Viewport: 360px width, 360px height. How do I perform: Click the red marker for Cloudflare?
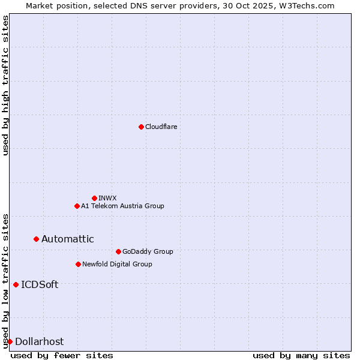pyautogui.click(x=141, y=127)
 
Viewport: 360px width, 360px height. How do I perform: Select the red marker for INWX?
pyautogui.click(x=94, y=198)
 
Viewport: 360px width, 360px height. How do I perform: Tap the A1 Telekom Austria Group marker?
pyautogui.click(x=77, y=206)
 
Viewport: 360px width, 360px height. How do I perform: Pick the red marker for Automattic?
pyautogui.click(x=36, y=239)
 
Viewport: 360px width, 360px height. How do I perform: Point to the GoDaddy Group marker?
pyautogui.click(x=118, y=251)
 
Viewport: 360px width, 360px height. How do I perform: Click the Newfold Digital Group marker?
pyautogui.click(x=78, y=264)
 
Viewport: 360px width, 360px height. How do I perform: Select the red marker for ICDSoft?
pyautogui.click(x=16, y=284)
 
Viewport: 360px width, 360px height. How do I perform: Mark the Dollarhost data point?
pyautogui.click(x=10, y=341)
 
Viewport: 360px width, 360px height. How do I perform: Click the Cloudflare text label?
pyautogui.click(x=161, y=127)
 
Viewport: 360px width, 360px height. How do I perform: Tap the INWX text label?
pyautogui.click(x=107, y=198)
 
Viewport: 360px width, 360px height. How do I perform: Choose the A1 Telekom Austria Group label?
pyautogui.click(x=122, y=206)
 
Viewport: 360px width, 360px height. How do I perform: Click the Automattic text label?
pyautogui.click(x=67, y=239)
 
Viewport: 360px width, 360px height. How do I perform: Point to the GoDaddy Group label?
pyautogui.click(x=148, y=251)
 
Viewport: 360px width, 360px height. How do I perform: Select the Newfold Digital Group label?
pyautogui.click(x=117, y=264)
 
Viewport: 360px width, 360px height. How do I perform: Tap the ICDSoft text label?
pyautogui.click(x=40, y=284)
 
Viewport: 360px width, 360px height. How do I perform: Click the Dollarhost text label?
pyautogui.click(x=39, y=341)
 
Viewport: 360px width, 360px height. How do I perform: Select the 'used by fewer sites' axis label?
pyautogui.click(x=62, y=355)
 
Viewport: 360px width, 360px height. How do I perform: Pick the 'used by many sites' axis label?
pyautogui.click(x=301, y=355)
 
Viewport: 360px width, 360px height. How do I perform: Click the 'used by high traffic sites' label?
pyautogui.click(x=5, y=85)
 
